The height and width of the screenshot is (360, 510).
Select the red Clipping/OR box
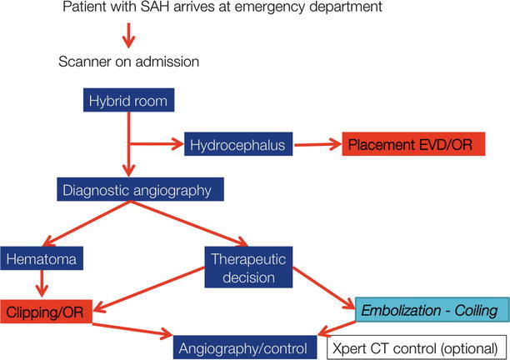[x=45, y=311]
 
